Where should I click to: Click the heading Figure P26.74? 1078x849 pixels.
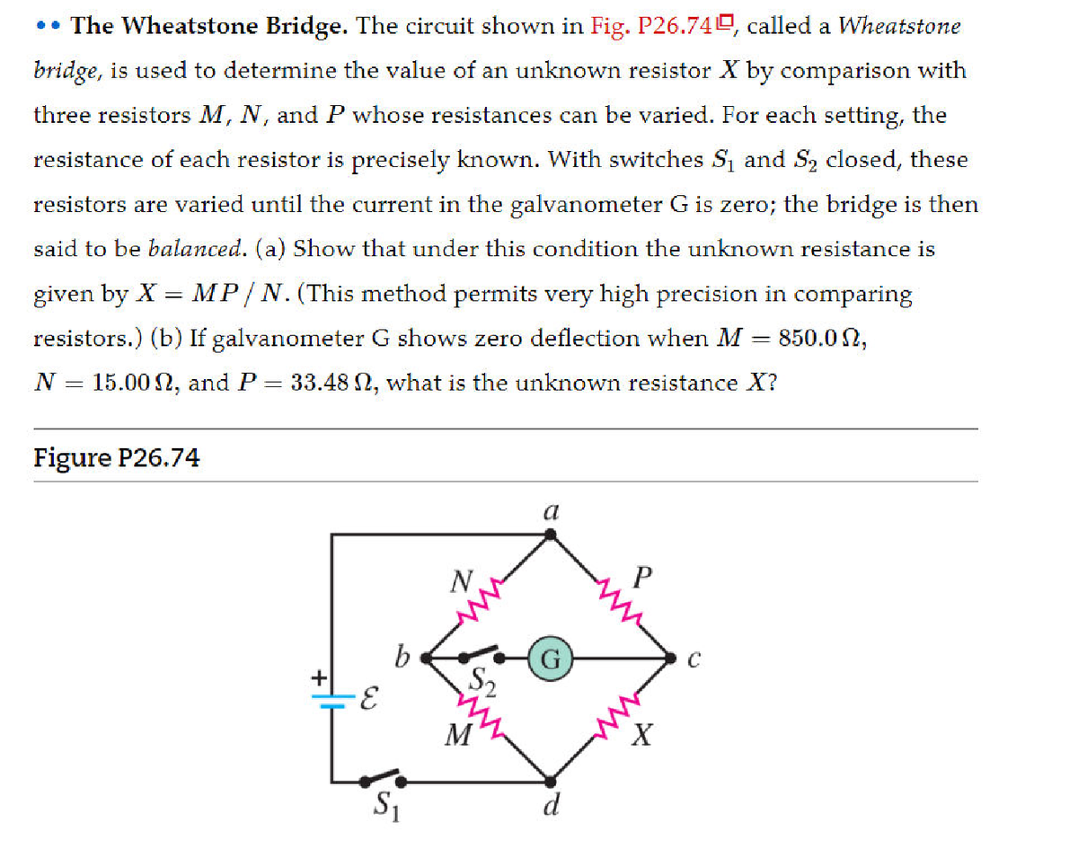click(x=117, y=458)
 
